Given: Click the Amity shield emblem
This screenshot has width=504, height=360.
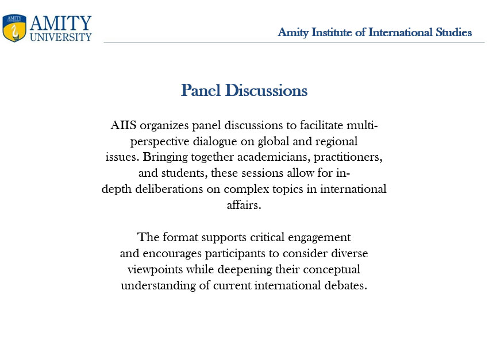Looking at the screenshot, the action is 14,28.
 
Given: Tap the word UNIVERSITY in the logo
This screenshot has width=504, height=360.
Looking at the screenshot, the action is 61,37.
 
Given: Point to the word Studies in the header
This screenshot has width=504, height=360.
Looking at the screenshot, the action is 453,32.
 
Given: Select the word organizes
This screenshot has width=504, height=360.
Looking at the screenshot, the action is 164,126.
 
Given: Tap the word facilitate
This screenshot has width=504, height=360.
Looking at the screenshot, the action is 321,125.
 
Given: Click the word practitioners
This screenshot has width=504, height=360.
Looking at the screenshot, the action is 348,157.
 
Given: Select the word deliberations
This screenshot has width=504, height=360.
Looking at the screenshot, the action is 169,189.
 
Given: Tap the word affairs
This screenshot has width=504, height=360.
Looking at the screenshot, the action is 244,205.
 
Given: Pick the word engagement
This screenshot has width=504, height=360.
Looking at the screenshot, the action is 319,238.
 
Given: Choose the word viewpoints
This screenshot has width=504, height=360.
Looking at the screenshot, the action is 155,270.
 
